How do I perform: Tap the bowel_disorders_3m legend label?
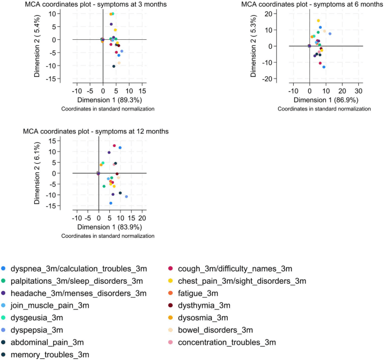tap(215, 330)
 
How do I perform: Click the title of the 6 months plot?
tap(312, 4)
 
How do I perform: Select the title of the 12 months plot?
tap(96, 131)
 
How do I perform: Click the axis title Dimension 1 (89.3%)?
tap(109, 100)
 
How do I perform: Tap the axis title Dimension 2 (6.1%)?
tap(37, 173)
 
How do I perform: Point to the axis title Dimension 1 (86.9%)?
tap(326, 100)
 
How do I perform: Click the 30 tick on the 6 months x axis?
tap(358, 91)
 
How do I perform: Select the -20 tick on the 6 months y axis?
tap(267, 79)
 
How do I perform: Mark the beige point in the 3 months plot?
tap(119, 63)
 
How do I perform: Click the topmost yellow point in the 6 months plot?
tap(318, 21)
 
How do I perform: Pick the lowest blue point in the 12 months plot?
tap(110, 203)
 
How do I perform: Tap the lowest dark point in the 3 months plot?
tap(114, 66)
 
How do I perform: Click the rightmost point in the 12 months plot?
tap(126, 197)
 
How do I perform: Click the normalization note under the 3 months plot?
tap(108, 109)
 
